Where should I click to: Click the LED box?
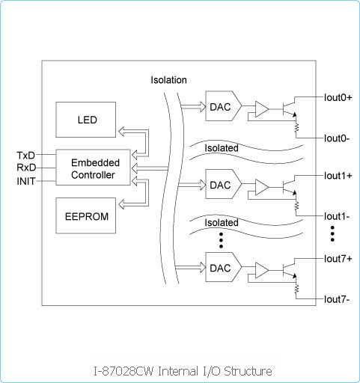86,120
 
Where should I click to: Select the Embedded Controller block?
93,168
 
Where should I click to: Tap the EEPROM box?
86,215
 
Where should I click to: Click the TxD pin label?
26,156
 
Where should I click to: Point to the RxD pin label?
26,168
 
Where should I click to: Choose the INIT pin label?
26,181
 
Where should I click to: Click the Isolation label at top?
168,80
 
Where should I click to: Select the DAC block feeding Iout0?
223,106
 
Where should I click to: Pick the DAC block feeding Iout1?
223,184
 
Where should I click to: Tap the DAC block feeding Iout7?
223,267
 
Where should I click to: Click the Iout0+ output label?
338,97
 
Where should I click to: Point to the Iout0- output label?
337,138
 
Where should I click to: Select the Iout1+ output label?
338,176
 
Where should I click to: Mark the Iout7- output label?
337,299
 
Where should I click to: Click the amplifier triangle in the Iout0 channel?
262,109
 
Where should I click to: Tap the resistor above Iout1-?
296,206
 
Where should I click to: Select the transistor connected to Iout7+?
290,270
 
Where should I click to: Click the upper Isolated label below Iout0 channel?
222,148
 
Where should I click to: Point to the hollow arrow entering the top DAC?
193,107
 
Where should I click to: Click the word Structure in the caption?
248,371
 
